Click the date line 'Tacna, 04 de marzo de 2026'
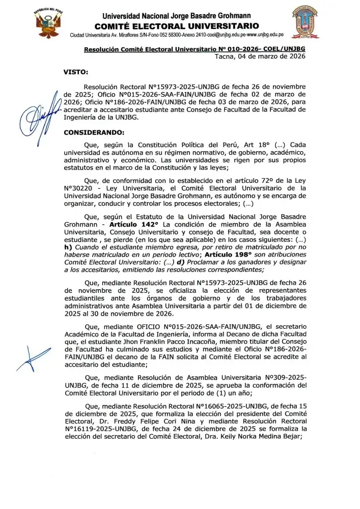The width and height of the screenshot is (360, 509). (x=260, y=56)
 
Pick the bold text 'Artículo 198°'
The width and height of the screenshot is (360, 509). (x=226, y=254)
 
